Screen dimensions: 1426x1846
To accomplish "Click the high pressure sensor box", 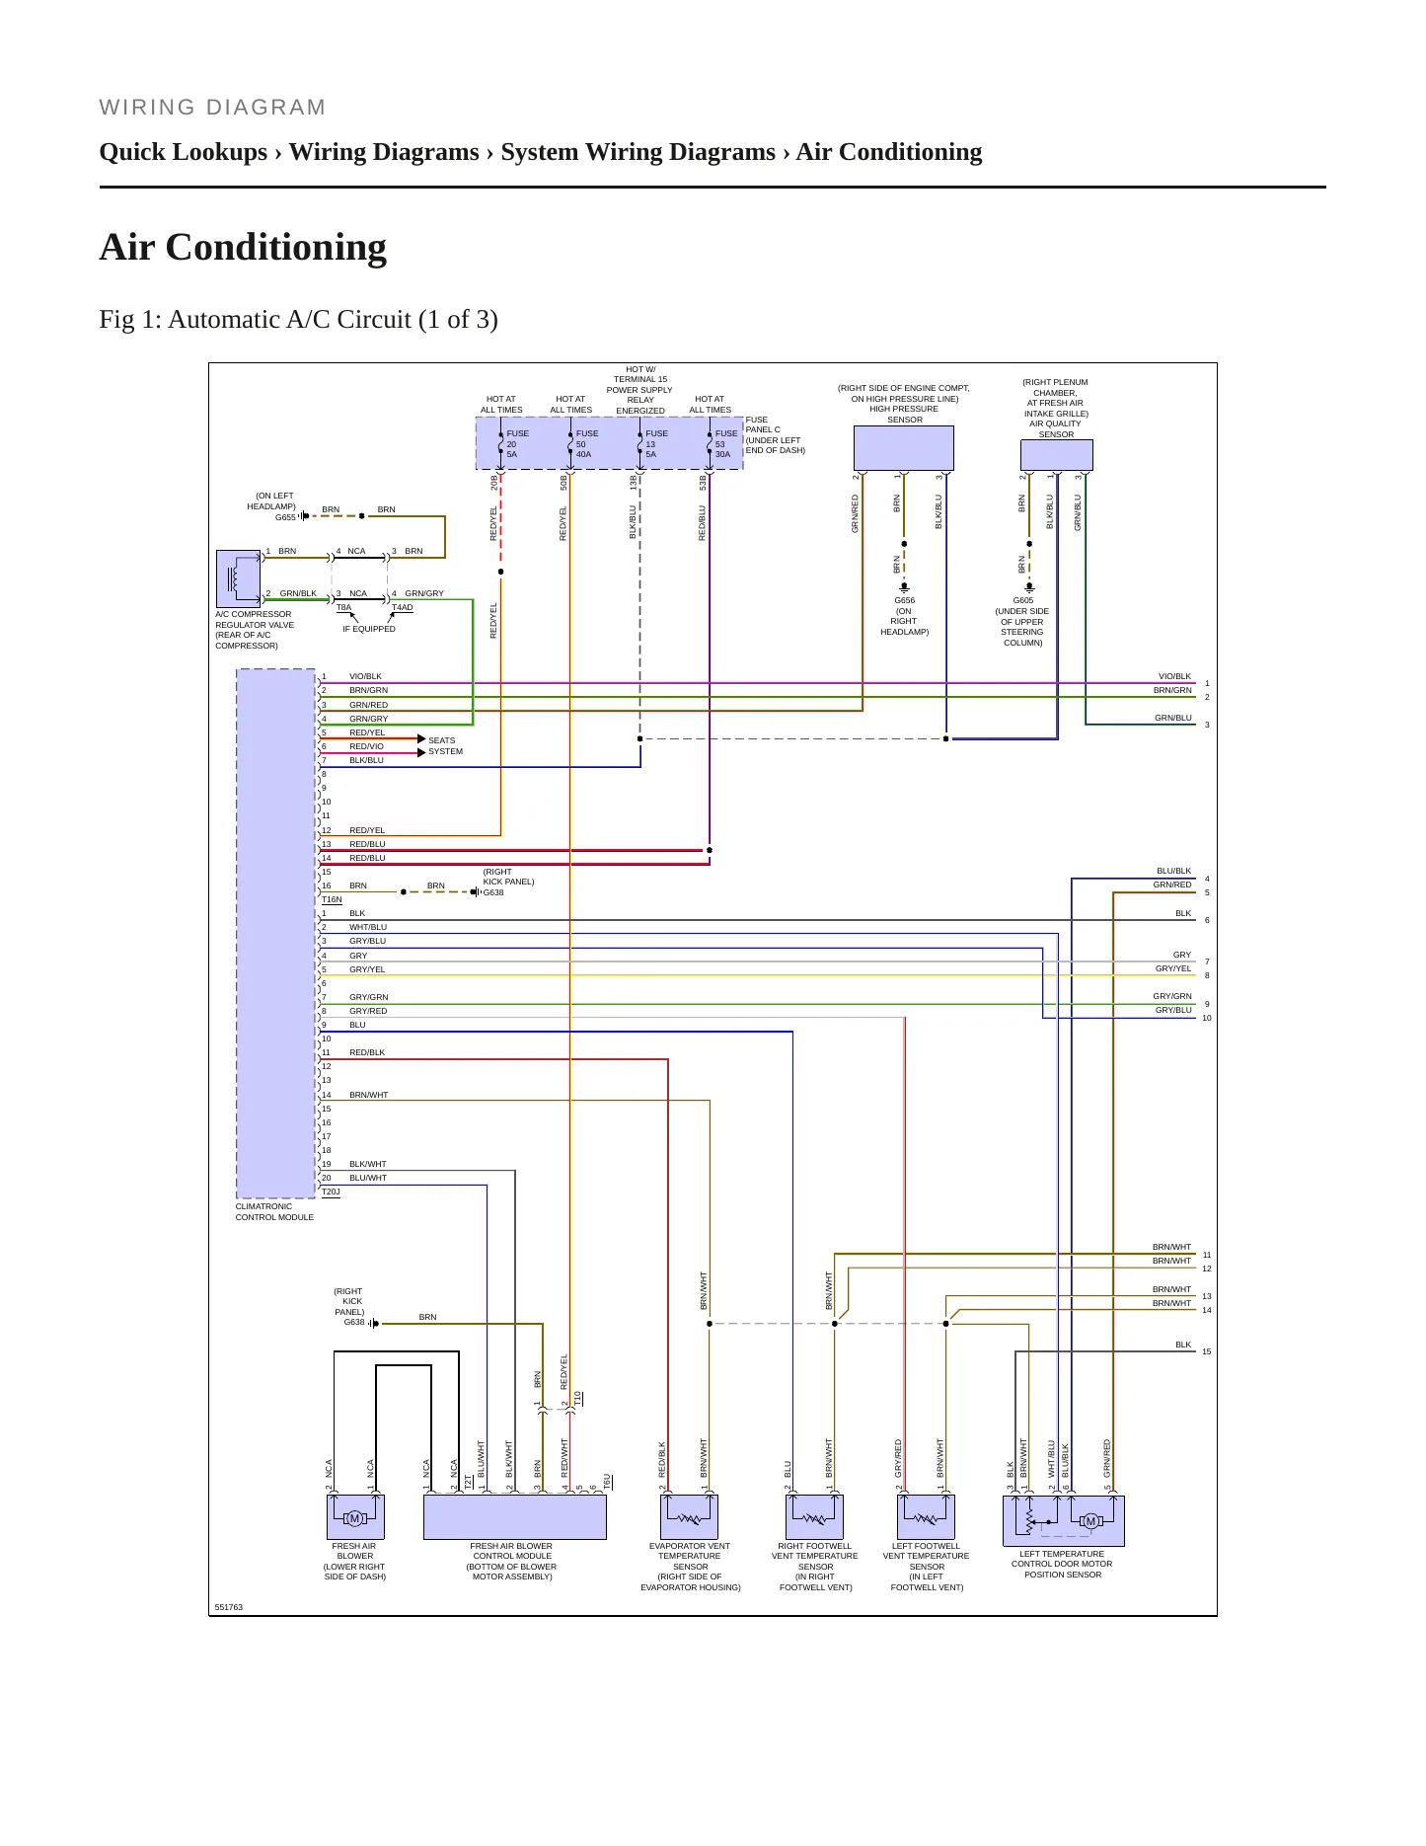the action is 903,448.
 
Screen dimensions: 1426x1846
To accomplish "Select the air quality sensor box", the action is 1056,455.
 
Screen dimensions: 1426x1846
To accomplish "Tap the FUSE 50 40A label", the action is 586,444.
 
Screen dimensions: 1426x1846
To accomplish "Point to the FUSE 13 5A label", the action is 656,444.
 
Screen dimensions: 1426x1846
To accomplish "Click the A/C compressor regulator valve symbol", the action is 238,578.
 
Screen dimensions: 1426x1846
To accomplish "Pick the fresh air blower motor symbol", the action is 355,1517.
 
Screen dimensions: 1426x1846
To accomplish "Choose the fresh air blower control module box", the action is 514,1517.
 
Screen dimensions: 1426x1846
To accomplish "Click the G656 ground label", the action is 905,600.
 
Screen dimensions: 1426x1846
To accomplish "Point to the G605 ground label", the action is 1023,600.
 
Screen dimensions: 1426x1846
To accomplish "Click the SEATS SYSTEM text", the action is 445,745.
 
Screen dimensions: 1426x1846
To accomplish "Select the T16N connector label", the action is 332,899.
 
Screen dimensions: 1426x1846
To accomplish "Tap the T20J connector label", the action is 331,1192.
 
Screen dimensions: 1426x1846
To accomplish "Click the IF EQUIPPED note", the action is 369,629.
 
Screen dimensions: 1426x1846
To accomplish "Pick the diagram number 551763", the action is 229,1607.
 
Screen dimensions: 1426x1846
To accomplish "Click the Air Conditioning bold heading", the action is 243,247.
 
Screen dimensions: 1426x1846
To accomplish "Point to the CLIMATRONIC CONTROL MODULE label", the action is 274,1212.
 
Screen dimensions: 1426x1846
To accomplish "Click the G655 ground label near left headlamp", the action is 285,517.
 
